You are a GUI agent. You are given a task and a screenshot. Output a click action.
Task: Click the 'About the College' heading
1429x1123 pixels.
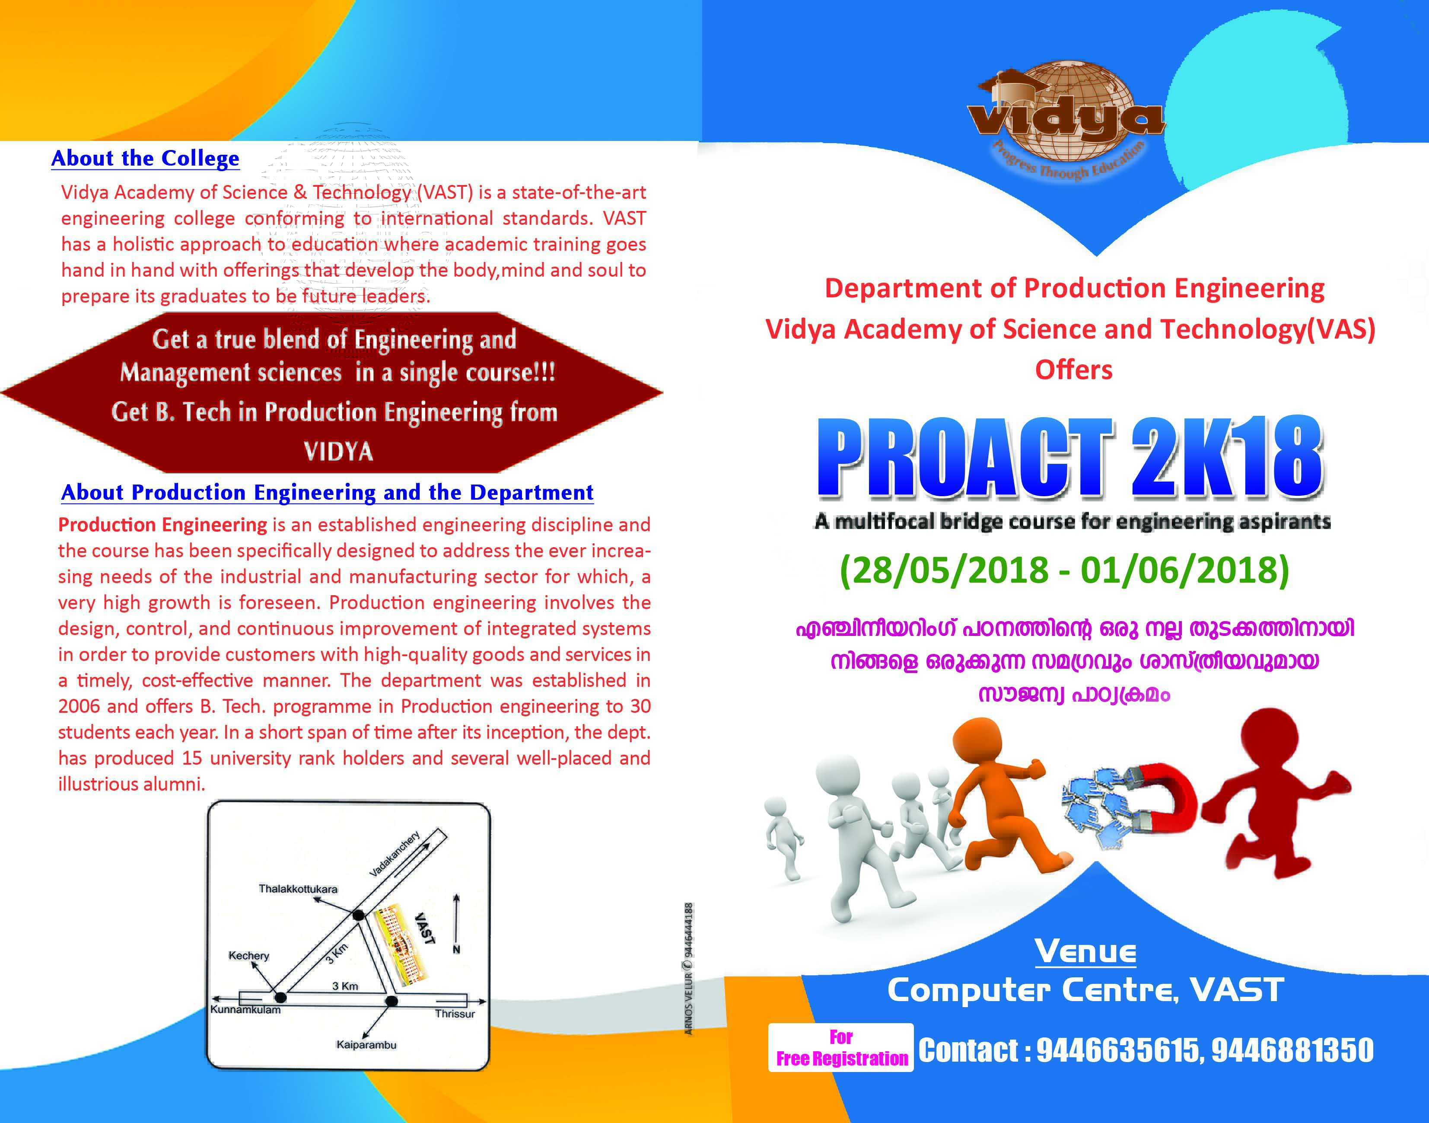[x=145, y=159]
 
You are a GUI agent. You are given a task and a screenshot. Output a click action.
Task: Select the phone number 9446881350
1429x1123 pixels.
[x=1292, y=1050]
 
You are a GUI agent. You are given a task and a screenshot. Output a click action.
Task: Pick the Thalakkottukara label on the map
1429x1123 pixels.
[x=298, y=889]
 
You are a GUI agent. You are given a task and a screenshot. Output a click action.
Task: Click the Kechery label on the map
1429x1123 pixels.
[x=248, y=955]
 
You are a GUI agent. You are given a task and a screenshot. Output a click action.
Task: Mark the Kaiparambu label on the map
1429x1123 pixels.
[x=366, y=1045]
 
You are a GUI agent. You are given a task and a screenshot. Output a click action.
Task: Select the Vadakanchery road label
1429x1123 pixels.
[x=395, y=854]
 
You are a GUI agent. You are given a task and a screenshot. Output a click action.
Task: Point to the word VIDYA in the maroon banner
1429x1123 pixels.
[x=338, y=452]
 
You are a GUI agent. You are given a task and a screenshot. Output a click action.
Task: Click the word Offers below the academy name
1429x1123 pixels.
[x=1073, y=370]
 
